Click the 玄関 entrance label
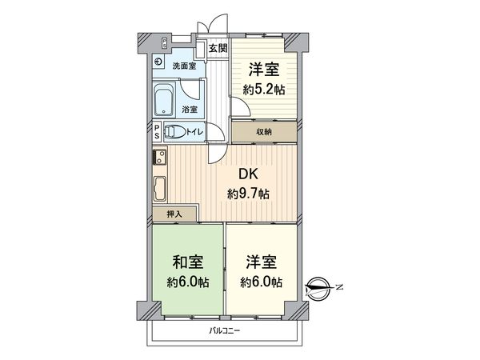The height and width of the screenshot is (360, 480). pyautogui.click(x=218, y=49)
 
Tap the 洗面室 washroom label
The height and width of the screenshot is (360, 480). pyautogui.click(x=184, y=65)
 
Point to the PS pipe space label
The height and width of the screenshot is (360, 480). pyautogui.click(x=158, y=131)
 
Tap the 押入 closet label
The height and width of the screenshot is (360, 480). pyautogui.click(x=174, y=214)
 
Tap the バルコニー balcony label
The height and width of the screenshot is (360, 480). pyautogui.click(x=225, y=330)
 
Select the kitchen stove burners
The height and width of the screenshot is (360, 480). pyautogui.click(x=159, y=156)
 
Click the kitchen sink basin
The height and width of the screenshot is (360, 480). pyautogui.click(x=160, y=190)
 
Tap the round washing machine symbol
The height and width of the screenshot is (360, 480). pyautogui.click(x=159, y=63)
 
